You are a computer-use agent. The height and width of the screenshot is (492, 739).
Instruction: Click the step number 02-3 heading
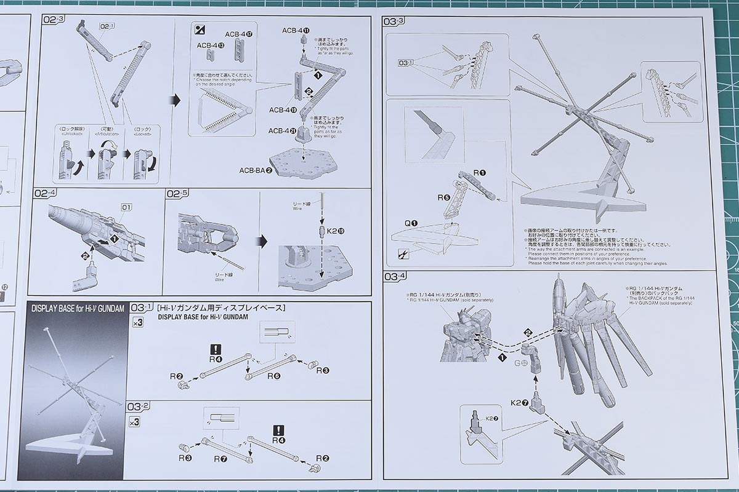pos(54,20)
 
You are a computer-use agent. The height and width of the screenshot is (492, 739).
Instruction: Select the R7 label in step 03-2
pos(221,458)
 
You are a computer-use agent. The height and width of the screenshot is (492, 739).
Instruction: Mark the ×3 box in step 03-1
pos(137,322)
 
